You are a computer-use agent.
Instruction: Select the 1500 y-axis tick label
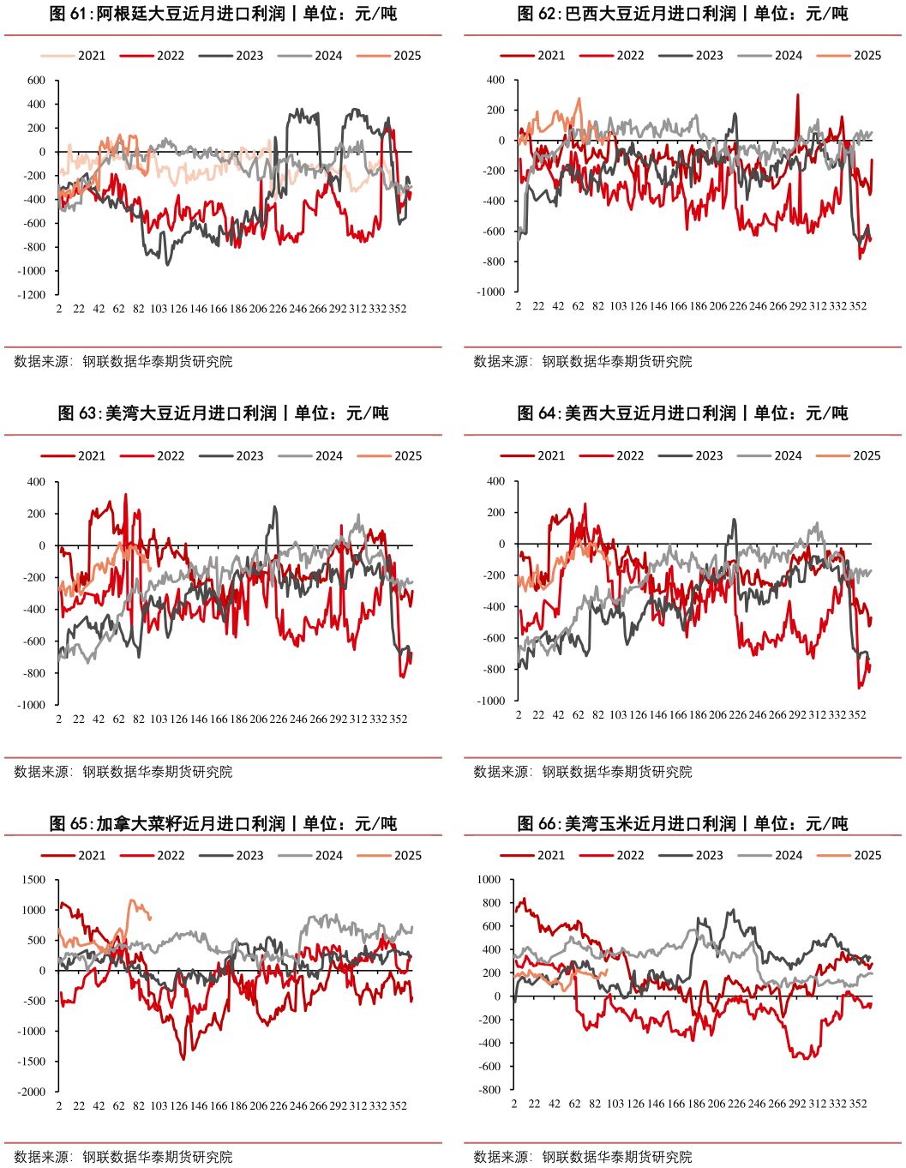pyautogui.click(x=34, y=880)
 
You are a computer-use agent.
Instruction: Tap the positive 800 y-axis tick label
pyautogui.click(x=490, y=903)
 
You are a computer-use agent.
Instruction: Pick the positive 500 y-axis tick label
pyautogui.click(x=37, y=941)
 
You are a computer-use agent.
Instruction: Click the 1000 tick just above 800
pyautogui.click(x=488, y=880)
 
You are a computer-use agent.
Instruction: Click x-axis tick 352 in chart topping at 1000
pyautogui.click(x=858, y=1104)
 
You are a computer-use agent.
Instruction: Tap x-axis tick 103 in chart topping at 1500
pyautogui.click(x=159, y=1106)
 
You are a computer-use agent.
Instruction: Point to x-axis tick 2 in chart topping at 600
pyautogui.click(x=59, y=309)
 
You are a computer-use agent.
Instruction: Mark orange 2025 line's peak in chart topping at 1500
pyautogui.click(x=132, y=900)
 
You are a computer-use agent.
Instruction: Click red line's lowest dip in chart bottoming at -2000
pyautogui.click(x=183, y=1059)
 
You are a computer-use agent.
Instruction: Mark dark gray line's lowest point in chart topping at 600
pyautogui.click(x=167, y=265)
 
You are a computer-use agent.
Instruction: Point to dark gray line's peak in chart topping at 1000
pyautogui.click(x=731, y=910)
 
